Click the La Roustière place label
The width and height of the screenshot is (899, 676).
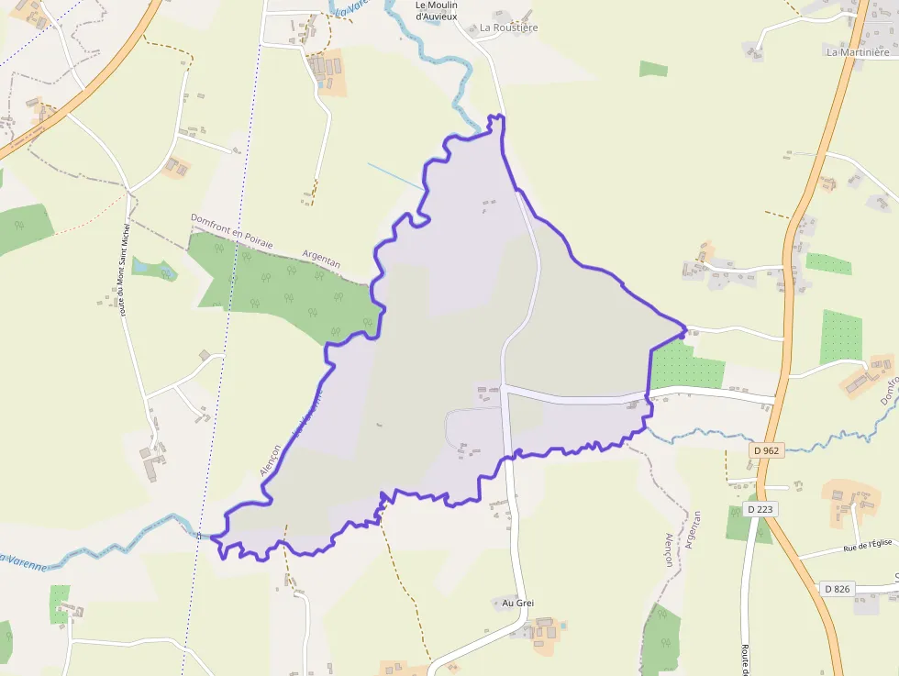(509, 28)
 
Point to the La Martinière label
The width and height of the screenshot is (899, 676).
(860, 52)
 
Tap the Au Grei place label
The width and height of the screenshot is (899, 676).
(517, 603)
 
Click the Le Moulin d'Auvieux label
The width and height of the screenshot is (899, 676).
(437, 10)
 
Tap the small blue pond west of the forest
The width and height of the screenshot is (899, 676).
(153, 269)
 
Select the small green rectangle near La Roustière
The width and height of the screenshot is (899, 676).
(653, 69)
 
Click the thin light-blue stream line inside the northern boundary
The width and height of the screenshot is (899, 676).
(395, 176)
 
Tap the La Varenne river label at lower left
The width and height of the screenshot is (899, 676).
(22, 560)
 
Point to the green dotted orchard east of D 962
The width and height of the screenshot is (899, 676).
(841, 337)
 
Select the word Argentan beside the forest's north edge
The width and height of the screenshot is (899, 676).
(321, 258)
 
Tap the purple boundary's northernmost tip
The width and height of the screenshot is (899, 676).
(499, 116)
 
